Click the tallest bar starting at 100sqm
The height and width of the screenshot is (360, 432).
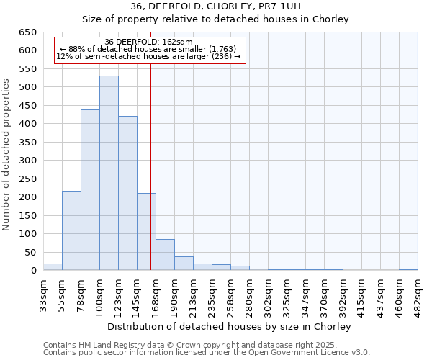click(x=109, y=173)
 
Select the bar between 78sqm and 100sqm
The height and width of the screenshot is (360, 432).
click(x=90, y=190)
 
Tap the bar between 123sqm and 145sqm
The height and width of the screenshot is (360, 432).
click(x=127, y=193)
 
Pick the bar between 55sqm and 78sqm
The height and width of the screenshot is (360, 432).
click(x=71, y=230)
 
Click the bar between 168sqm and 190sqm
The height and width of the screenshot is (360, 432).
click(x=165, y=255)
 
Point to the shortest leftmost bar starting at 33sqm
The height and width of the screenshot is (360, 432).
click(x=53, y=267)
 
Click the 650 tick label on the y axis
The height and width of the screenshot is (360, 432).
click(x=28, y=32)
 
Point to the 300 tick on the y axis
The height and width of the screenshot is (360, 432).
click(x=28, y=161)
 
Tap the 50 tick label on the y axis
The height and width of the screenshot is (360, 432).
click(x=31, y=252)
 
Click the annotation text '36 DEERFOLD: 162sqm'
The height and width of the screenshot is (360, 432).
click(x=148, y=42)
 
